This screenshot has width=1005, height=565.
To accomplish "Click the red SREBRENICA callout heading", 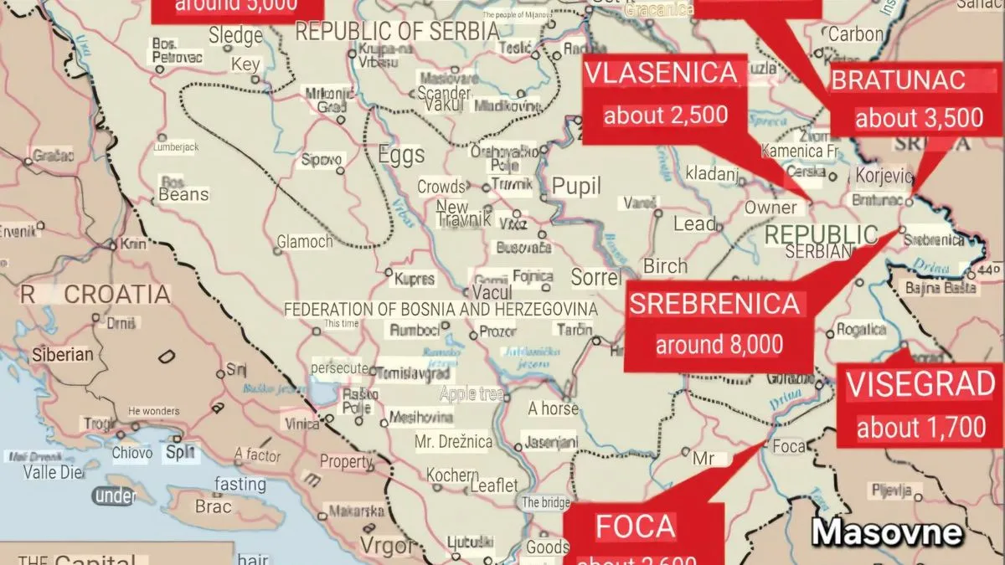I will coord(714,304).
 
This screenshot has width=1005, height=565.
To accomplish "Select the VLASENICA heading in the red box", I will coord(661,74).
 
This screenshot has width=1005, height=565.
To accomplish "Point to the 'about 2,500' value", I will coord(666,116).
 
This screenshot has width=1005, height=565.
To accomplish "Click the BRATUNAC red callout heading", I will coord(898,80).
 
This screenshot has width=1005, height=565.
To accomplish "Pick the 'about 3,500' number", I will coord(919,118).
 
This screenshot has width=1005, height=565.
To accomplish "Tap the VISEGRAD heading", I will coord(920,386).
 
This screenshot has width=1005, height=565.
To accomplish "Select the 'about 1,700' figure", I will coord(920,429).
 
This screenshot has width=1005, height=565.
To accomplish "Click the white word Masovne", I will coord(887,532).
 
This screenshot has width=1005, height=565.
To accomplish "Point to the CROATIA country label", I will coord(117,295).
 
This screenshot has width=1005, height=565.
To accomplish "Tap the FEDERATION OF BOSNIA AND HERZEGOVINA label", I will coord(441,310).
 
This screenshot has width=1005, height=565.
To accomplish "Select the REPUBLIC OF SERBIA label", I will coord(397,31).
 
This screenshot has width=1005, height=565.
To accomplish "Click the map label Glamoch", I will coord(305,242).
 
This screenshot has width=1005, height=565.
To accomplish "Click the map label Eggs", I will coord(401,155).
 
